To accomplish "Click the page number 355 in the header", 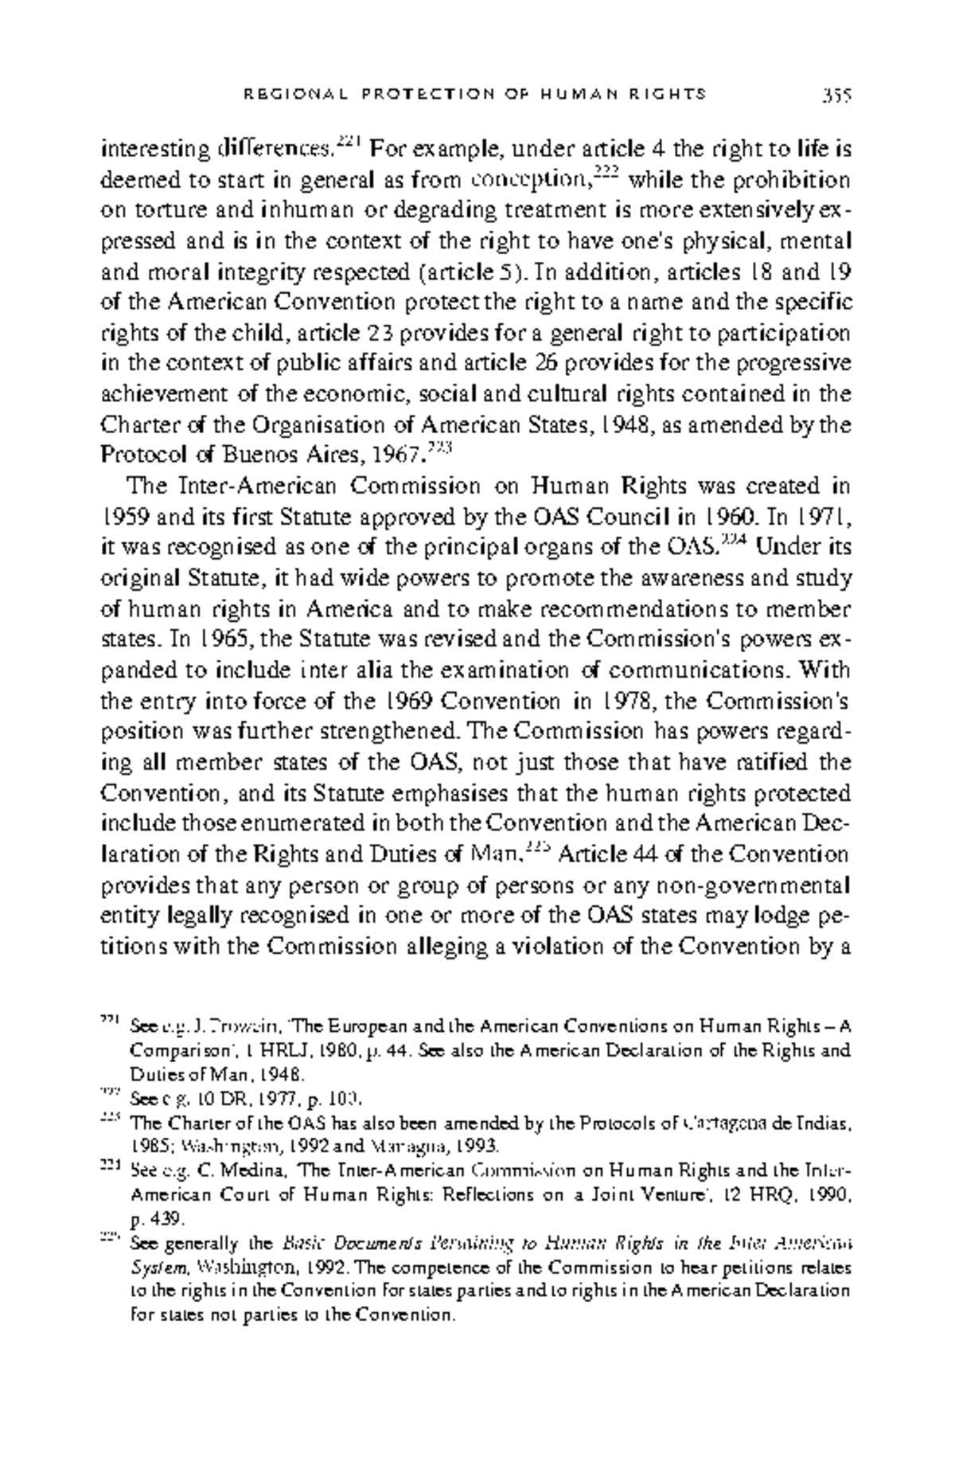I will pos(836,95).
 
